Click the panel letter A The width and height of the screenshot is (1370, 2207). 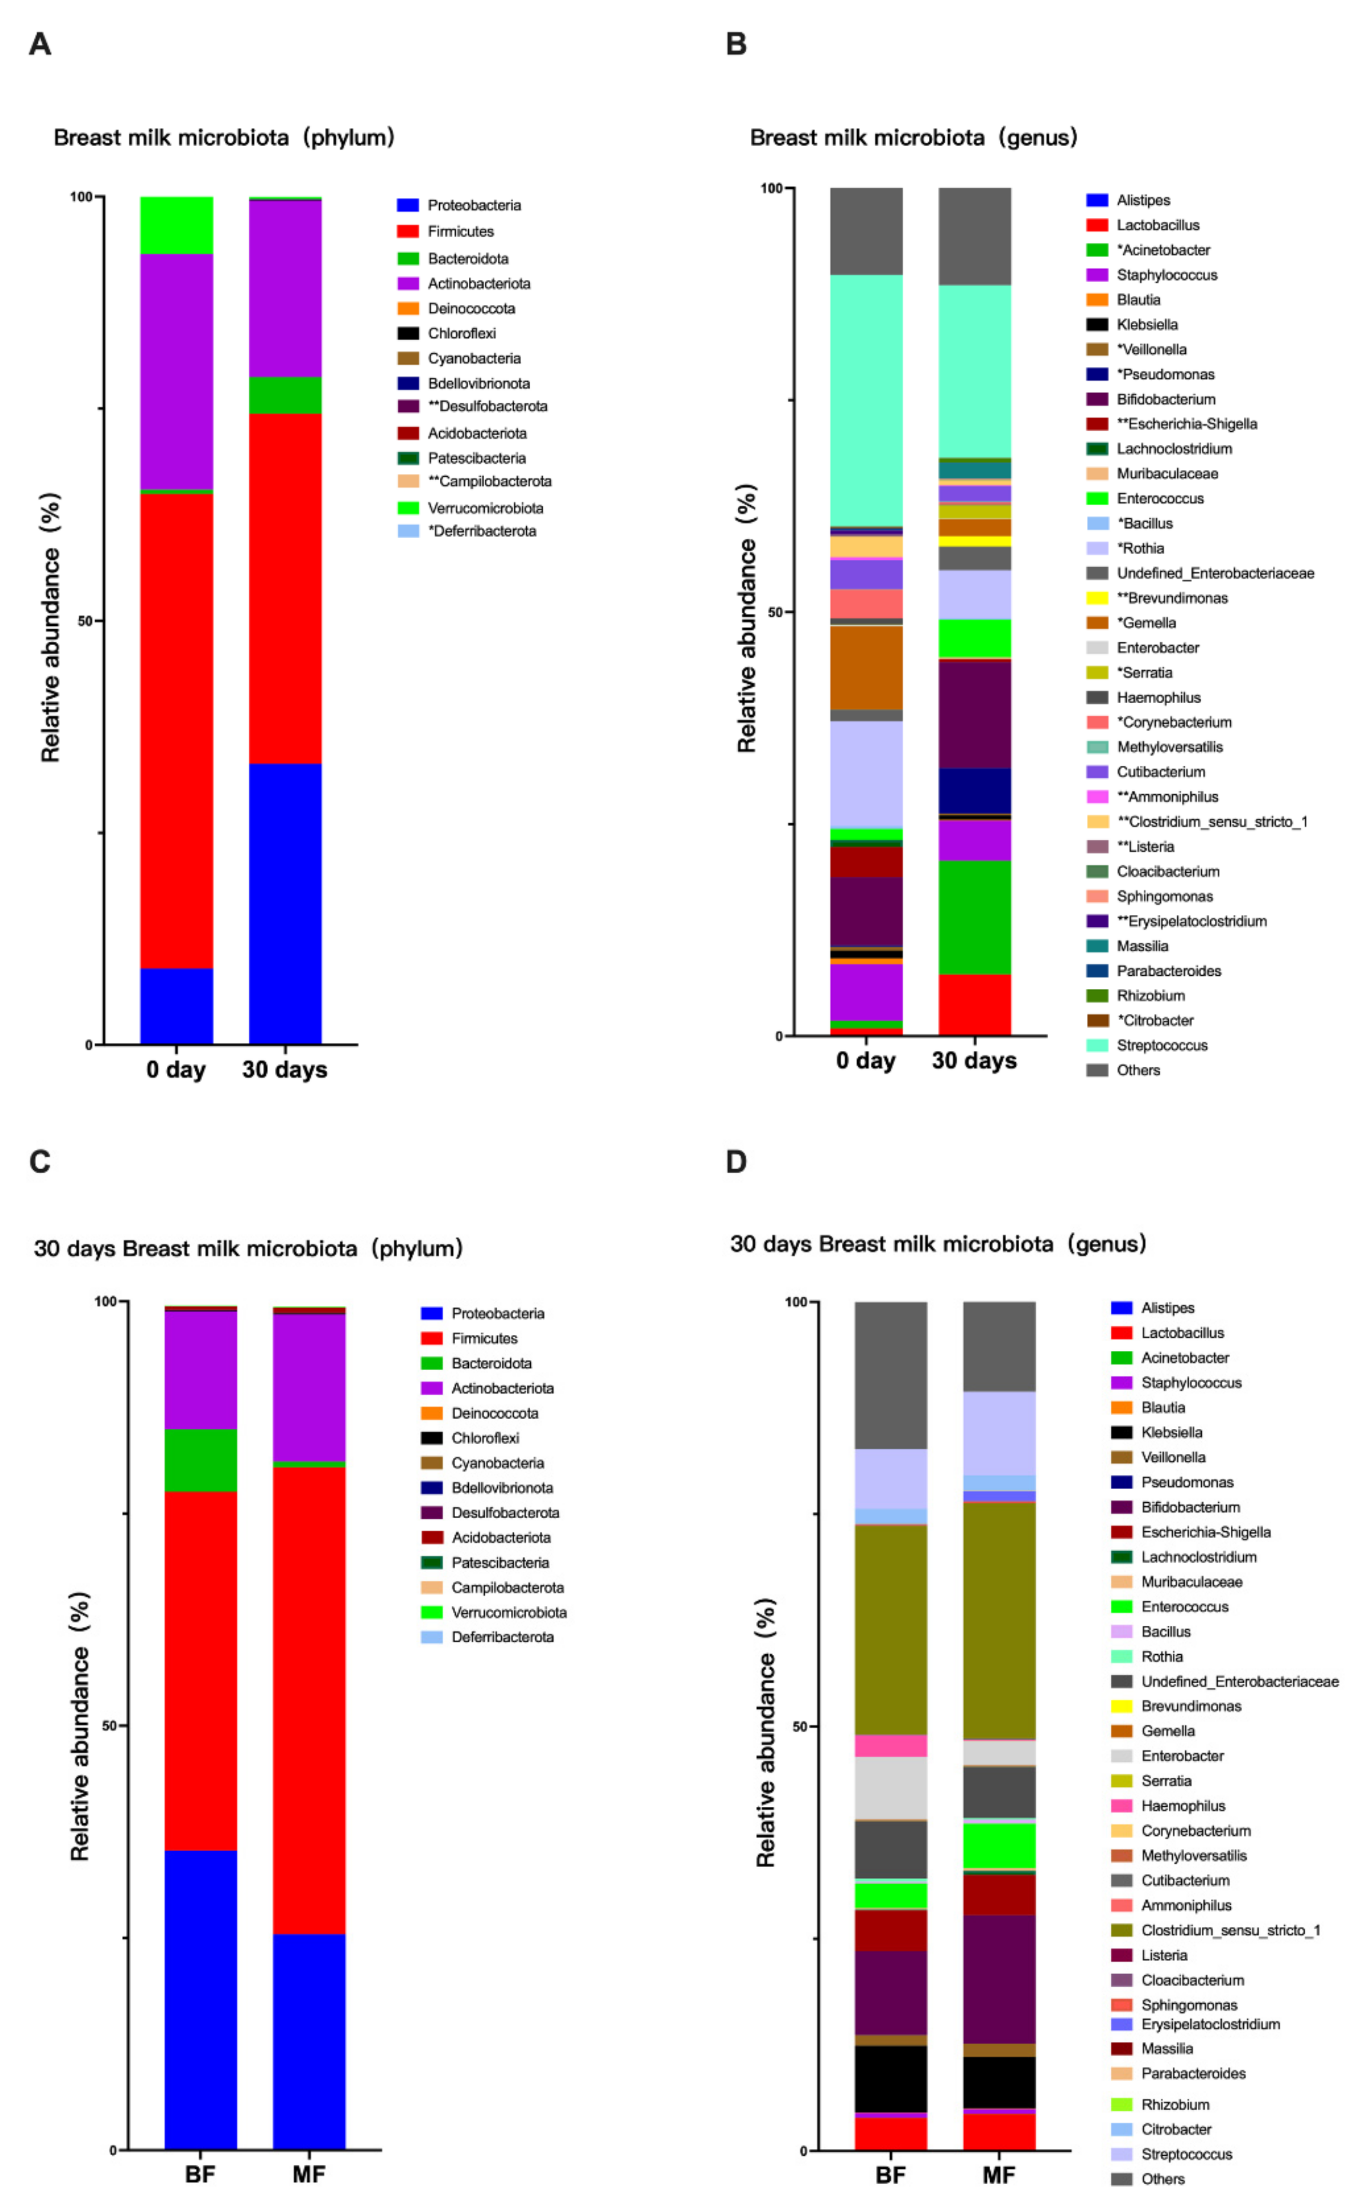coord(39,44)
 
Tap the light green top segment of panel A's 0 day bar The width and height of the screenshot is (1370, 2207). coord(177,225)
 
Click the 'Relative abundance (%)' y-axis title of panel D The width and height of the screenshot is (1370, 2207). coord(766,1731)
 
